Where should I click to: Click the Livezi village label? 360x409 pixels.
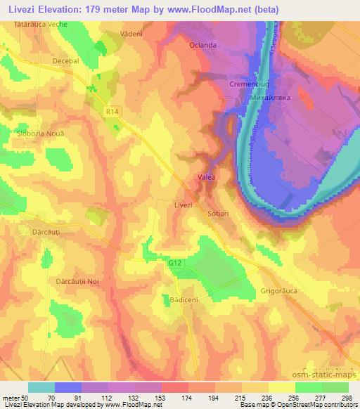tap(183, 204)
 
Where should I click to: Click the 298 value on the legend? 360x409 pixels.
tap(344, 396)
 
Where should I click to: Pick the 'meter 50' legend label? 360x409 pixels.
tap(15, 396)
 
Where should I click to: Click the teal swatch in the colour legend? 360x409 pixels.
tap(41, 387)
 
